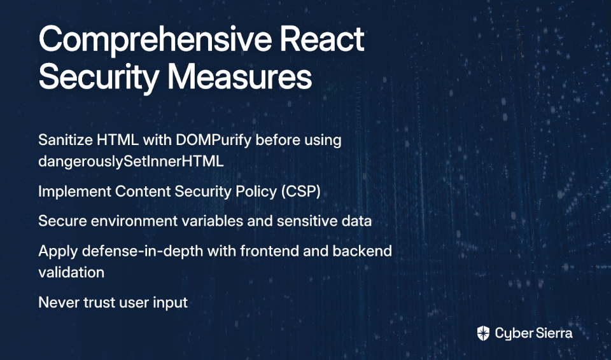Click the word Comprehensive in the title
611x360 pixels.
(x=155, y=39)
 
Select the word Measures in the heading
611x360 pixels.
(x=240, y=76)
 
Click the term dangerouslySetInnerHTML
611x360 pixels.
(x=131, y=162)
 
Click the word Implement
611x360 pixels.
(x=75, y=191)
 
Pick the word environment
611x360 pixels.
(x=134, y=221)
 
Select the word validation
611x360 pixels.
(x=71, y=272)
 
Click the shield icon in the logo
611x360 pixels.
(x=483, y=333)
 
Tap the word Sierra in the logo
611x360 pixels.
(x=554, y=333)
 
